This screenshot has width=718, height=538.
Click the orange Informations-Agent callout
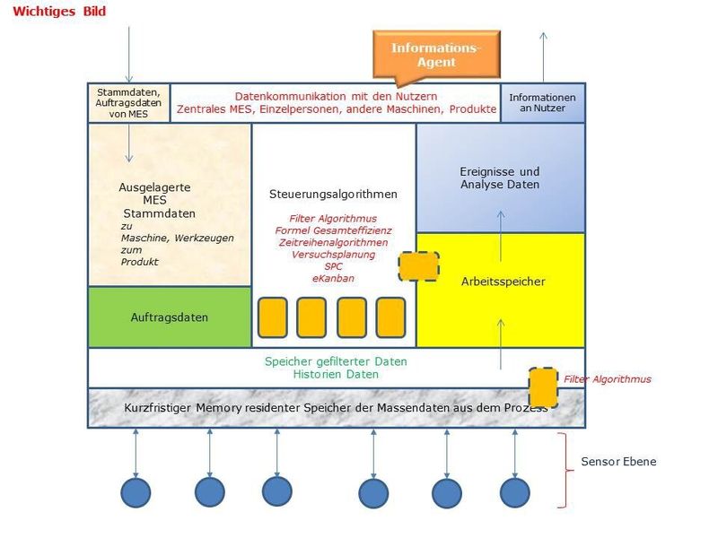[x=436, y=55]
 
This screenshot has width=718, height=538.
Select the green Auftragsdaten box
[x=170, y=317]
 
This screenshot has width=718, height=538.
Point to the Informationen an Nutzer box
[x=542, y=102]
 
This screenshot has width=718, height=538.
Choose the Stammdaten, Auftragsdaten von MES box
[x=128, y=102]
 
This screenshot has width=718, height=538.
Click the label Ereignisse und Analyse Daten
[x=500, y=178]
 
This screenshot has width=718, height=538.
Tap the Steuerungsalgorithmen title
[x=333, y=194]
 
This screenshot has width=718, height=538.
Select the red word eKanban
[x=333, y=279]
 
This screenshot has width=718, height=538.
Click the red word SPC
[x=333, y=267]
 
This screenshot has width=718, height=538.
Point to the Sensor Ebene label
[x=618, y=462]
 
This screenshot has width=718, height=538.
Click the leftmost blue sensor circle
[x=136, y=492]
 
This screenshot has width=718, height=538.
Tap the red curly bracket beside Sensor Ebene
[x=564, y=469]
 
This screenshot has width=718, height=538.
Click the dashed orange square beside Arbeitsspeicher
[x=418, y=266]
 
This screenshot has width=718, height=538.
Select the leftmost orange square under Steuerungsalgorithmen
[x=272, y=317]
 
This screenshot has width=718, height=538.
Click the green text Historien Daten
[x=335, y=375]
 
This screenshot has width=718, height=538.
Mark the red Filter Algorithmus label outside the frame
[x=608, y=379]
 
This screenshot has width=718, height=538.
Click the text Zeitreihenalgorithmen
[x=333, y=243]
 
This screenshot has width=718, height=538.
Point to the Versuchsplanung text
[x=333, y=255]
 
